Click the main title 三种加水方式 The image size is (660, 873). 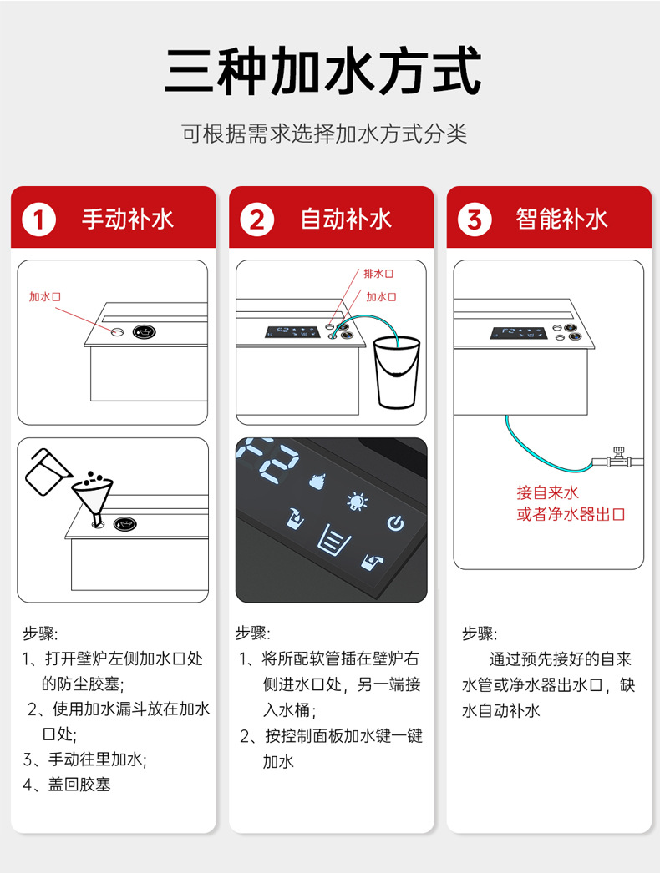(x=323, y=72)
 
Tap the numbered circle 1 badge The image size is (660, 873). (x=39, y=220)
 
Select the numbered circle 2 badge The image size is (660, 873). (x=256, y=220)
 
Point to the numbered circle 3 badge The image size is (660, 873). (x=474, y=220)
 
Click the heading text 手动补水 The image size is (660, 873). (x=128, y=220)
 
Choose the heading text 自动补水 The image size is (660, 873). (x=346, y=220)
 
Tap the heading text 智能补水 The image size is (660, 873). (x=561, y=220)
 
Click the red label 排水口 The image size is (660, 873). (x=378, y=274)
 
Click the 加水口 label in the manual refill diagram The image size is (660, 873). (x=46, y=297)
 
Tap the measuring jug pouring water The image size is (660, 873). (x=46, y=471)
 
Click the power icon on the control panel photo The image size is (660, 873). (x=395, y=523)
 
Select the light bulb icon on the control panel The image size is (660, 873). (x=358, y=502)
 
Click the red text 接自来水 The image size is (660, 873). (x=547, y=492)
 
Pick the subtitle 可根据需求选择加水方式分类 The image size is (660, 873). (x=324, y=134)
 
